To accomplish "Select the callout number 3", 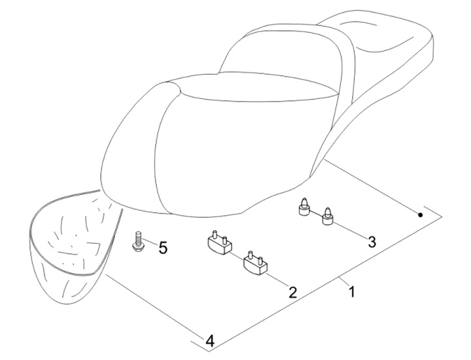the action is pos(371,242).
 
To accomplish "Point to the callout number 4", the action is pos(209,340).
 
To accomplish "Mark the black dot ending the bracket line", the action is pos(421,215).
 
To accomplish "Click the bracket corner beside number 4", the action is pos(200,342).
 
